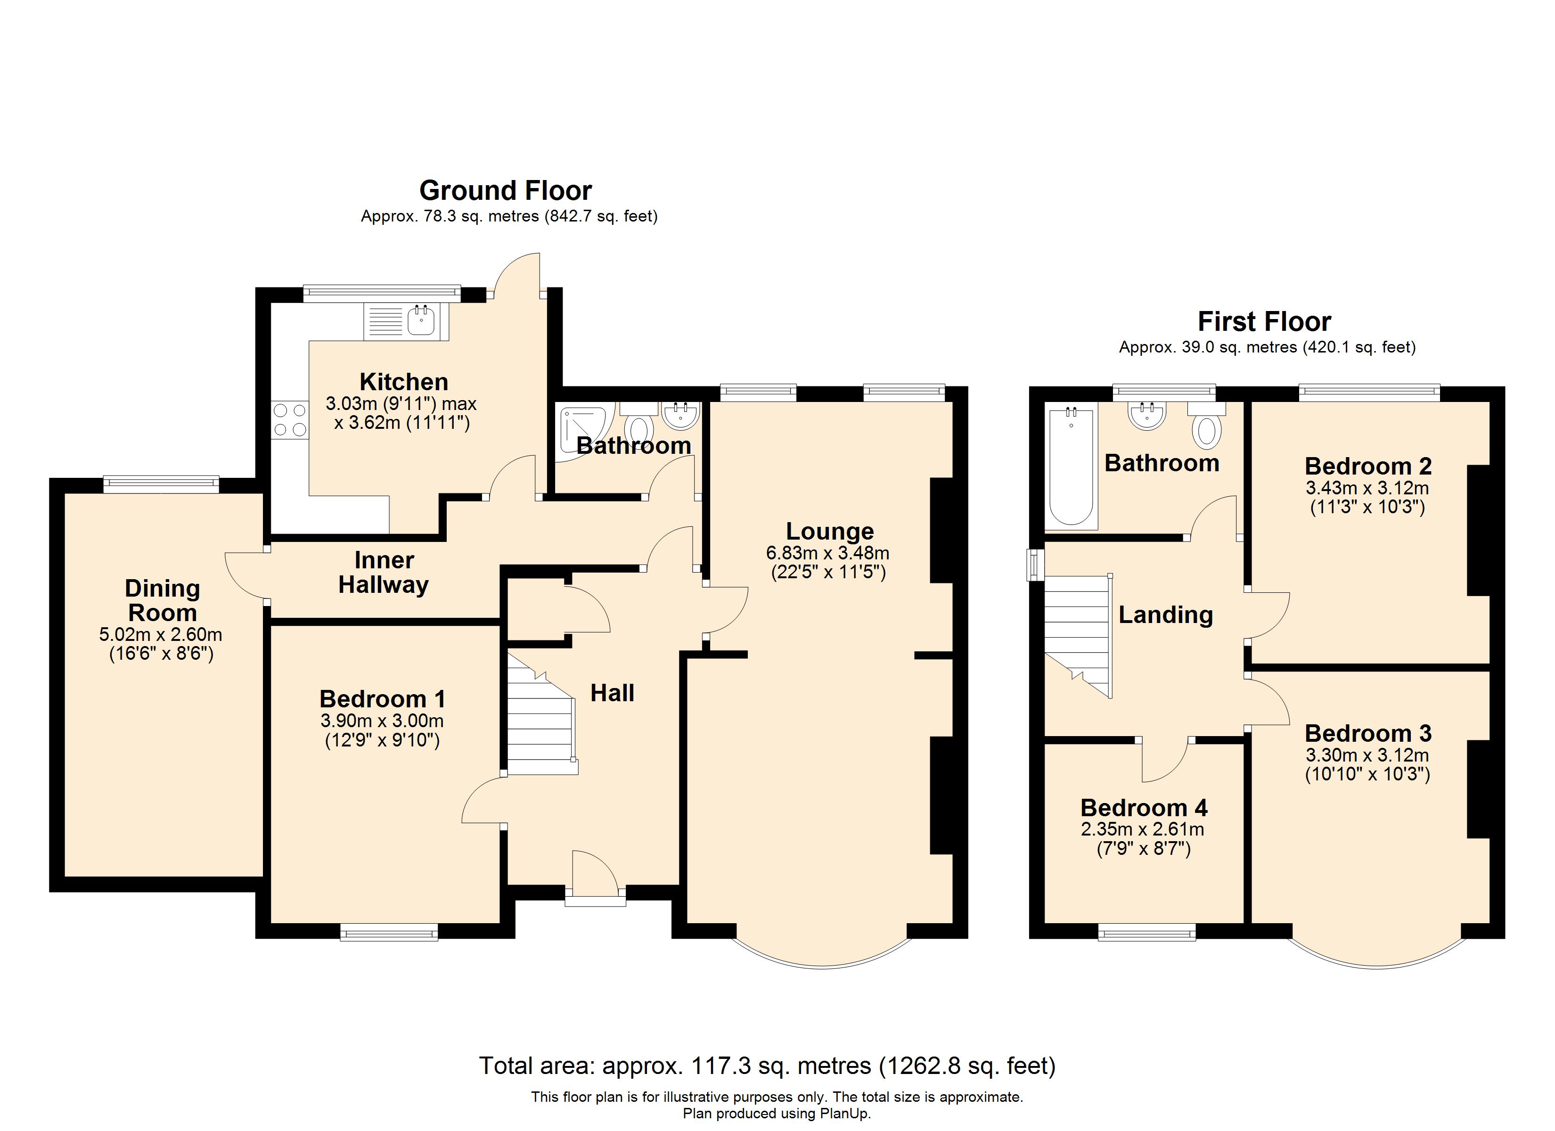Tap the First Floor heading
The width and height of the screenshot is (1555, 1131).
tap(1264, 322)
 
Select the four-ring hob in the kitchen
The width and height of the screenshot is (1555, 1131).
tap(290, 420)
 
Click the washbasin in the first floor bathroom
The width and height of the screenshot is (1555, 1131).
tap(1146, 416)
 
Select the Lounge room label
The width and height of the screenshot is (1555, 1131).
tap(830, 531)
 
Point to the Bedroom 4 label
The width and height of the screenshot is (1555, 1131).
tap(1144, 807)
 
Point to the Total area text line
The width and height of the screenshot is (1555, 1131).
tap(767, 1065)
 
